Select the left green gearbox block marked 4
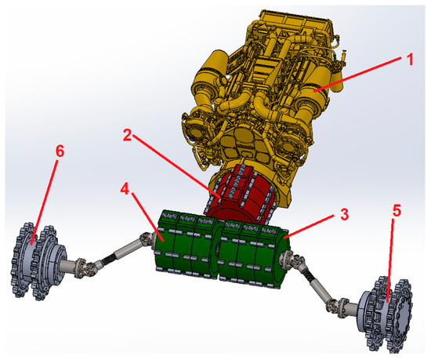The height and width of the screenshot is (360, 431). pos(185,243)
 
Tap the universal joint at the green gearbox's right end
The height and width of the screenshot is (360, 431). pos(299,264)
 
